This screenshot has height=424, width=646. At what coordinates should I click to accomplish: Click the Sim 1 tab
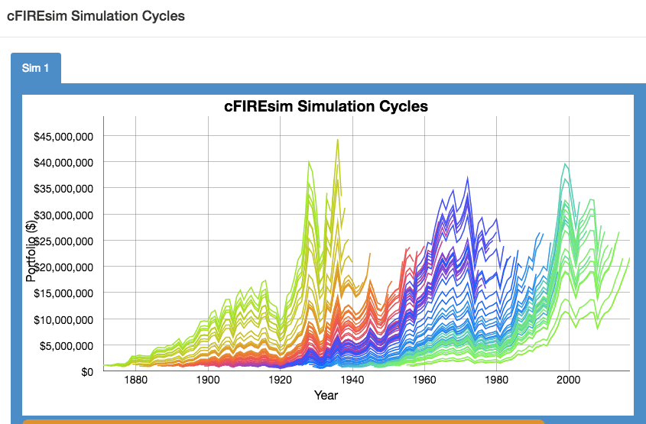pos(35,68)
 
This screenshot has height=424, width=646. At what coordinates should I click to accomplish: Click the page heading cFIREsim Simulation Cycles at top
pos(96,15)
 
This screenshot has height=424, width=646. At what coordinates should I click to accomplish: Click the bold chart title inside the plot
pos(326,106)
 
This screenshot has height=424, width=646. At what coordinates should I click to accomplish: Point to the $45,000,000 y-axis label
pos(64,137)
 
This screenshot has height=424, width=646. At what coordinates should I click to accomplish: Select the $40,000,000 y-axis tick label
pos(64,163)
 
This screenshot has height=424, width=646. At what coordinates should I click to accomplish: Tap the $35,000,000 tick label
pos(64,189)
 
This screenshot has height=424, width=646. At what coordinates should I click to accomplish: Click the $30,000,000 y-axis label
pos(64,215)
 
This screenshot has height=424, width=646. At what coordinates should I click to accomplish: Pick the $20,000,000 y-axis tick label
pos(64,267)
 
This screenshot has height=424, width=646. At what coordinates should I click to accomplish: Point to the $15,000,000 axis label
pos(64,293)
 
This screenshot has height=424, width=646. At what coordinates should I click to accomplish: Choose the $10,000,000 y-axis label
pos(64,319)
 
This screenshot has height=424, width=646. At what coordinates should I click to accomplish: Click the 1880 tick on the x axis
pos(135,380)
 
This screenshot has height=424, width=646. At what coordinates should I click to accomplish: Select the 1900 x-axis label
pos(207,380)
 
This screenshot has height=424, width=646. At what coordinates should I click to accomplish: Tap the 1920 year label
pos(280,380)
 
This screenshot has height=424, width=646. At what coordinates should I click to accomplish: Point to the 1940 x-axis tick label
pos(352,380)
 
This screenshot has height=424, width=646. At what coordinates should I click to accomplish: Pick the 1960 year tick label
pos(424,380)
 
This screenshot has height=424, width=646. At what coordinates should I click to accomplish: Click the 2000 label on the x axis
pos(568,380)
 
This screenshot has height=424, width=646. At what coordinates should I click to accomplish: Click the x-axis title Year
pos(326,395)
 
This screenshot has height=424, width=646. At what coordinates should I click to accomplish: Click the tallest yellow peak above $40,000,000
pos(337,140)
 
